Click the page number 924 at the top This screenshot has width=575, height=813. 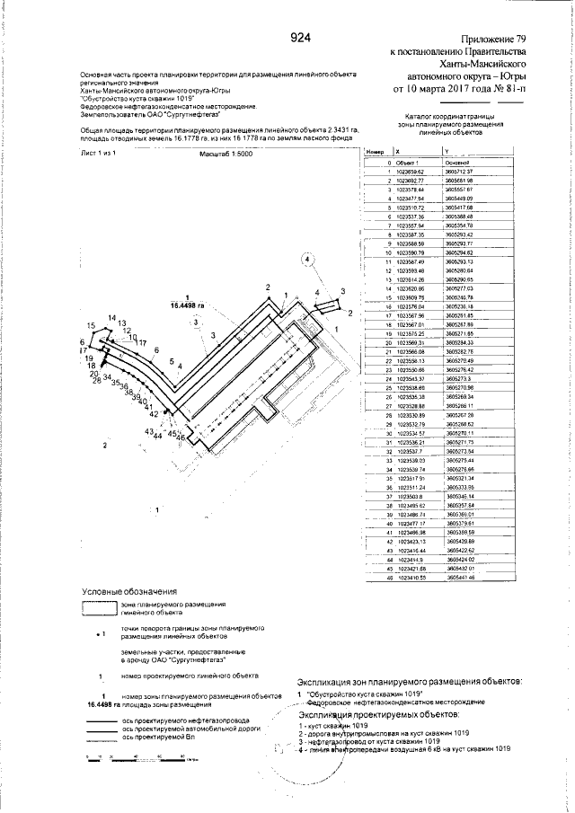(301, 38)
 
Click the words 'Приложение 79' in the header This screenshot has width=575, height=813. (493, 40)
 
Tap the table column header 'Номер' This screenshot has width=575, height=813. (375, 153)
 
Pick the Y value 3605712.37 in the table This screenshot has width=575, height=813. (459, 171)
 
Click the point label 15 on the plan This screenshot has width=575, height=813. (91, 325)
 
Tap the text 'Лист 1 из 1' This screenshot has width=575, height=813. (100, 155)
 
